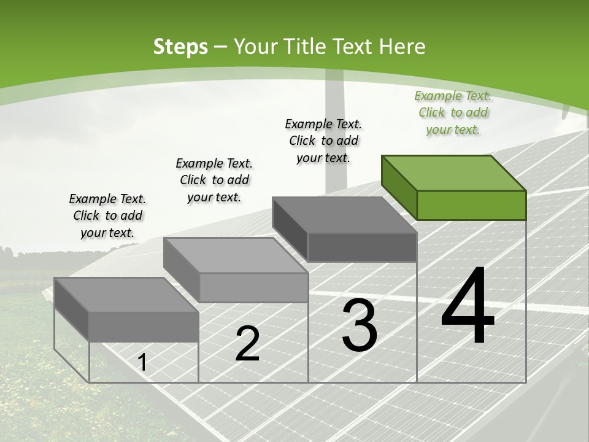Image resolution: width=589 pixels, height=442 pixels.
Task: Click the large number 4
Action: (x=468, y=306)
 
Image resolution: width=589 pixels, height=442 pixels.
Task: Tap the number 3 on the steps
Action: (x=360, y=325)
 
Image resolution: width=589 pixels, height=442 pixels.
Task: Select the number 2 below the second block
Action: (x=247, y=344)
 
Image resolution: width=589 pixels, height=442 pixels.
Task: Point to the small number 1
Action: (x=142, y=363)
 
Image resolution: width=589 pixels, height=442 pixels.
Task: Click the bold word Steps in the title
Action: (x=180, y=47)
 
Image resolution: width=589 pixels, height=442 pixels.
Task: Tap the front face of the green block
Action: (x=471, y=205)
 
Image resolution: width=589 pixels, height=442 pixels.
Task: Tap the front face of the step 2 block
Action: (x=253, y=287)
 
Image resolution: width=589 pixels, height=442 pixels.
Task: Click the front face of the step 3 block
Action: (x=362, y=247)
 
